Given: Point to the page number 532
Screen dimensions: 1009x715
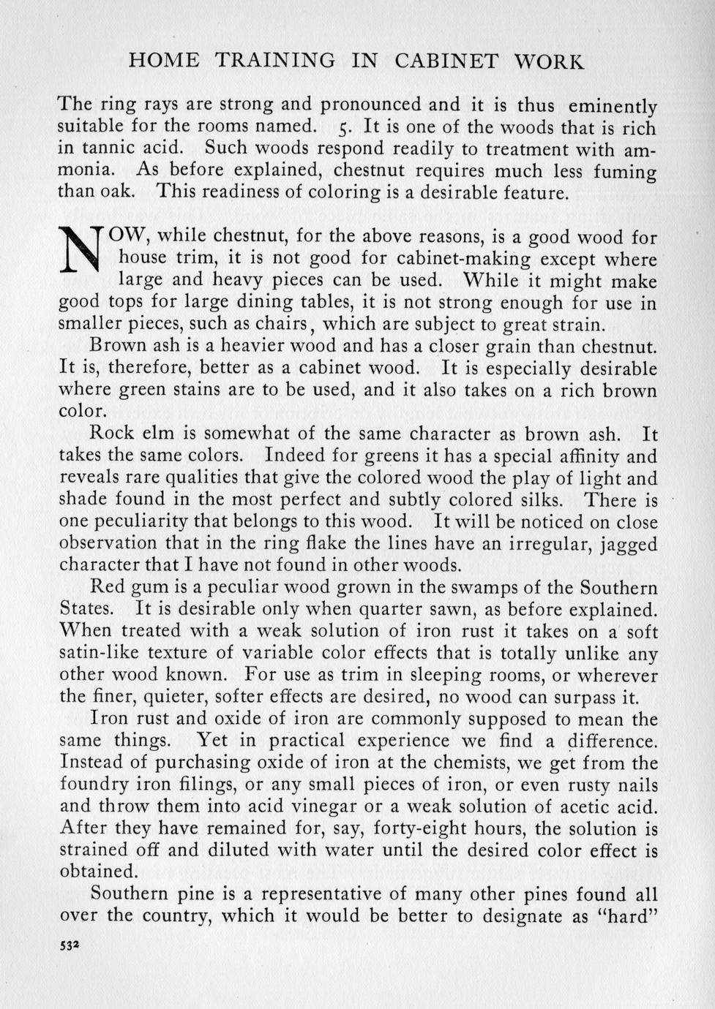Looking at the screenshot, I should click(70, 944).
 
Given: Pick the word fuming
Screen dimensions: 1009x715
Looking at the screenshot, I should click(627, 172).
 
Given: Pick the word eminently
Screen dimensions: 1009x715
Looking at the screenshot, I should click(613, 106).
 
